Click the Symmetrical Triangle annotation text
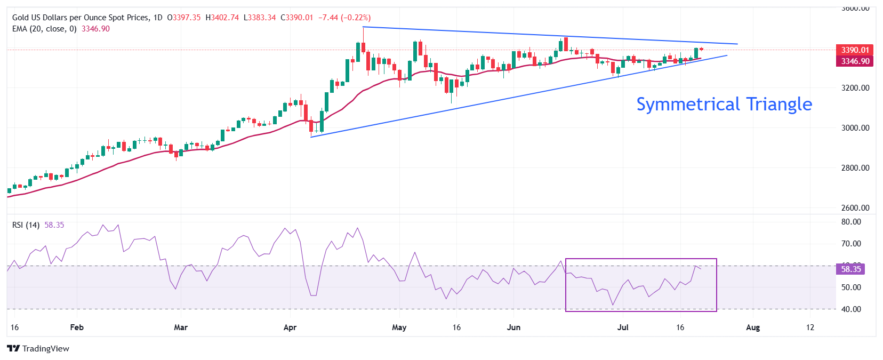point(724,104)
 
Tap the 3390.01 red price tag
point(855,50)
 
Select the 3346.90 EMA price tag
point(855,61)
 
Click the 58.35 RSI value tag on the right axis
point(850,269)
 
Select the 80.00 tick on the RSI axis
point(851,222)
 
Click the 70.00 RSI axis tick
point(851,244)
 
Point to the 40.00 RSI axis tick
point(851,309)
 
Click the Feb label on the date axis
point(77,327)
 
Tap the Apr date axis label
point(290,327)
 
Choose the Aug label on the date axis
point(752,327)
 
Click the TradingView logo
point(38,349)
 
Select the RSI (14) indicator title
point(26,225)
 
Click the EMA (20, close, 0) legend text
point(44,29)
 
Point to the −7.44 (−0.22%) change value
point(344,18)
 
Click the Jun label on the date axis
point(513,327)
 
